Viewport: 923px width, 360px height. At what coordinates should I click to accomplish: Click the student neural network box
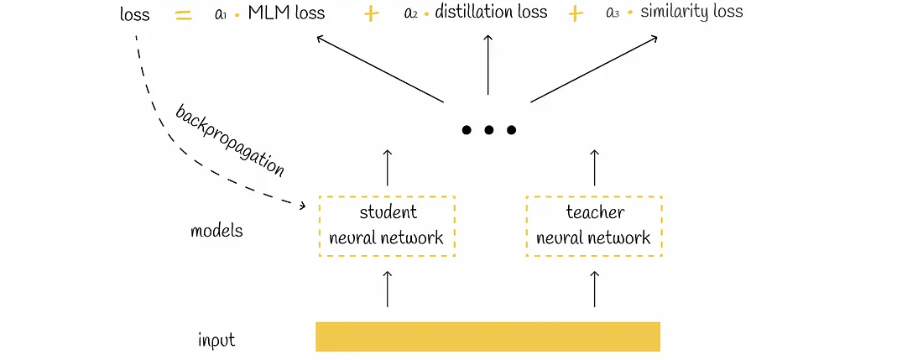[386, 225]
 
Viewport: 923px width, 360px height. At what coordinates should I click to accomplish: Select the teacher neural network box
[593, 225]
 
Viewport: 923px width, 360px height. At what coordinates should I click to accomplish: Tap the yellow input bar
[488, 337]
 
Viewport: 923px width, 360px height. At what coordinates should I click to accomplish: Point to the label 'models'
[216, 230]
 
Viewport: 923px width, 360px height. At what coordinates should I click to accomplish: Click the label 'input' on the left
[216, 341]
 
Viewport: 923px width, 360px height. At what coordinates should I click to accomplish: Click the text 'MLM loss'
[286, 13]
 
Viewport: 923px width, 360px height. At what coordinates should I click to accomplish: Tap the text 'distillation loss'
[491, 12]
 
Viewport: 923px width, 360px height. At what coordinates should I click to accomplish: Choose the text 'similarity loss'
[691, 12]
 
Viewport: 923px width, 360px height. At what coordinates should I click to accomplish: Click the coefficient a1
[222, 14]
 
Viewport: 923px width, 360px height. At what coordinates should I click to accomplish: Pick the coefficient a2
[411, 13]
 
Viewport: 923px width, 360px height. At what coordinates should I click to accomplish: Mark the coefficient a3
[613, 13]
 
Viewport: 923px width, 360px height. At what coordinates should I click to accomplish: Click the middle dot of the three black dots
[488, 130]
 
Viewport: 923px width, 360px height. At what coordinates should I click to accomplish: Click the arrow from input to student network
[387, 288]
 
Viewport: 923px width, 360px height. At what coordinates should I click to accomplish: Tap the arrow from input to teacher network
[594, 288]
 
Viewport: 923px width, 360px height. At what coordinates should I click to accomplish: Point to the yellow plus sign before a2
[371, 14]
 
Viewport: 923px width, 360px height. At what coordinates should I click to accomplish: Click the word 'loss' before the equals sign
[134, 15]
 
